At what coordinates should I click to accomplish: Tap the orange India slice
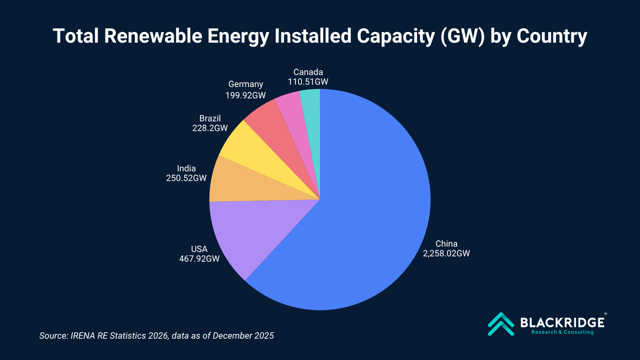point(245,184)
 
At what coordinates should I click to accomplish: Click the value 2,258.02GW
point(446,254)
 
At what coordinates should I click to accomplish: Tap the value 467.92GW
point(199,258)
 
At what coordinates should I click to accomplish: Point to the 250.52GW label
point(186,178)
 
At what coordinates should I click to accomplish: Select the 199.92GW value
point(245,94)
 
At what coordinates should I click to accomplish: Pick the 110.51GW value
point(308,82)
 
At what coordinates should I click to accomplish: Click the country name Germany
point(245,84)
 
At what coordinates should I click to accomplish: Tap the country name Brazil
point(210,118)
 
